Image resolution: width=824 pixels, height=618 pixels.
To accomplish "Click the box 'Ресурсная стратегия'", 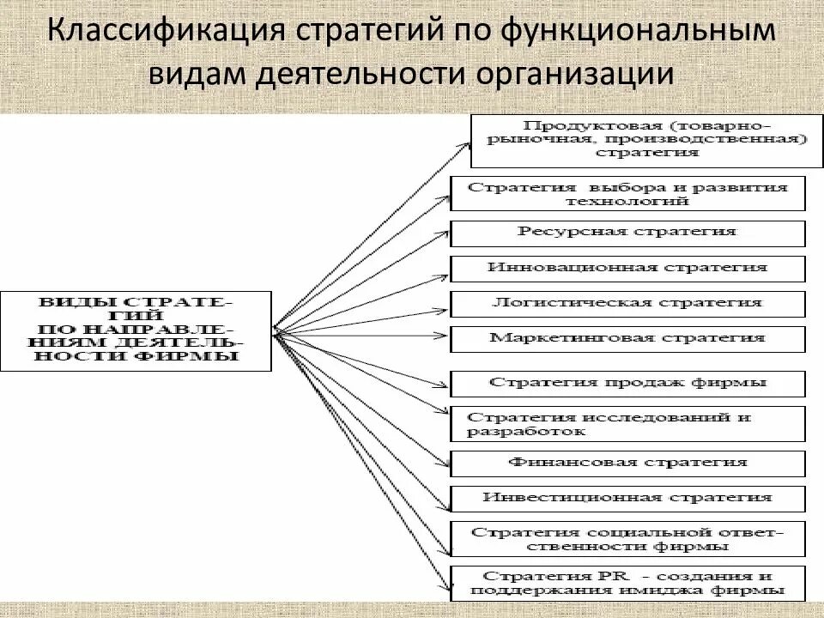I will point(627,233).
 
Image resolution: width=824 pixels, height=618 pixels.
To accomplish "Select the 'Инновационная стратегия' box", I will point(627,268).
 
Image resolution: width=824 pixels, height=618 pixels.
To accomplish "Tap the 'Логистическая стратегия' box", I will point(627,303).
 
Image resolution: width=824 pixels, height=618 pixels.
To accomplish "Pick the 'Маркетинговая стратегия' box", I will point(627,338).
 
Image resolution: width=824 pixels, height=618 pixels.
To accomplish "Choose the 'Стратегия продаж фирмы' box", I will point(627,383).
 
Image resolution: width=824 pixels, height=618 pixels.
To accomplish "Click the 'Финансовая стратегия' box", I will point(627,463).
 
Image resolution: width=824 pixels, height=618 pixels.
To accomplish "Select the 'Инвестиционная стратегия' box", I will point(627,498).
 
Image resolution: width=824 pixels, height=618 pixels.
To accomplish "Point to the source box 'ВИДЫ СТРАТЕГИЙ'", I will point(136,330).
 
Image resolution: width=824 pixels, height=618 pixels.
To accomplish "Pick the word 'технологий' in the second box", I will point(627,201).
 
